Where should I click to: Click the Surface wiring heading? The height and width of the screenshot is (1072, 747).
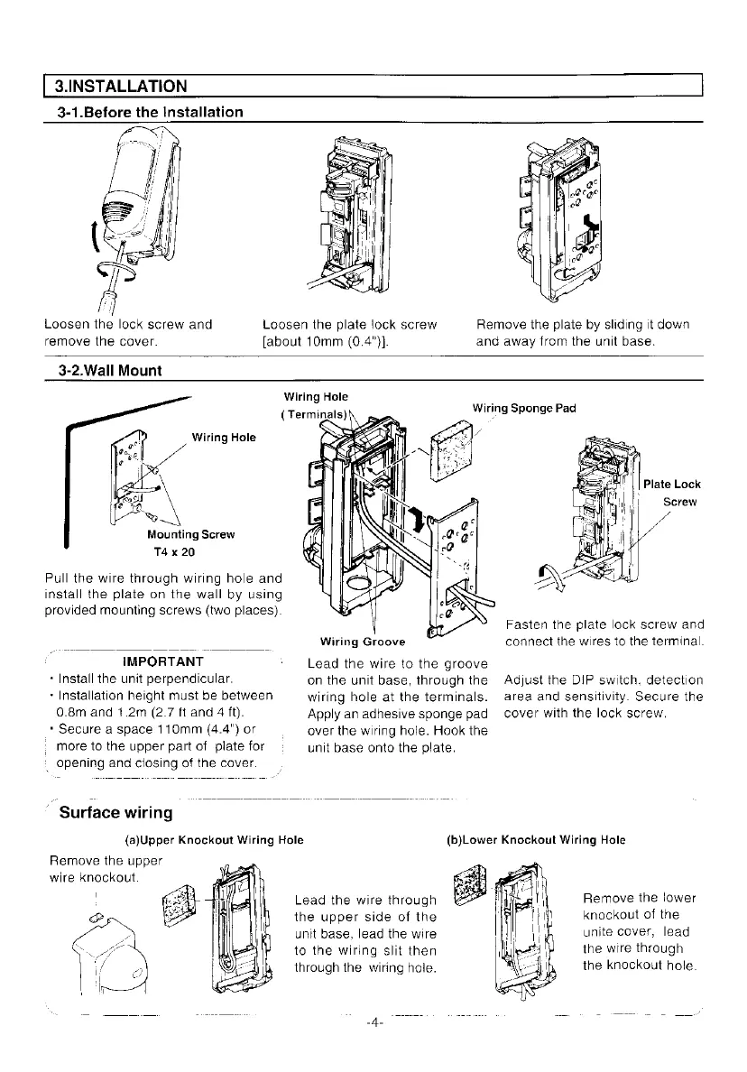coord(115,813)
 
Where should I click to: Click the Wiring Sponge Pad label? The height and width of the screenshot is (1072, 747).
coord(523,408)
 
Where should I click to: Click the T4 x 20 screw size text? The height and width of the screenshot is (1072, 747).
coord(171,551)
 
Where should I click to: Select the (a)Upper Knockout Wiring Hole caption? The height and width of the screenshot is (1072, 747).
coord(219,840)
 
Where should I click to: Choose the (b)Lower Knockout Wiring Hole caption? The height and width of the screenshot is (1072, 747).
coord(536,840)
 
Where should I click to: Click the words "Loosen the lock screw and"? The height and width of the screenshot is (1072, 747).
coord(128,324)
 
